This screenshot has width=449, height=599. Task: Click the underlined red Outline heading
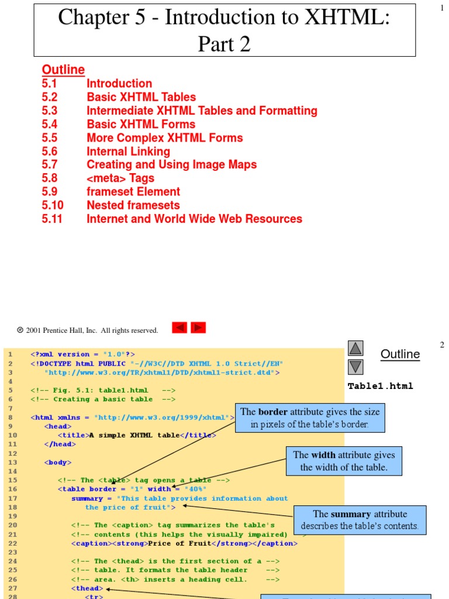pos(63,70)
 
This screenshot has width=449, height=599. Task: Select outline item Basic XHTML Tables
pos(141,97)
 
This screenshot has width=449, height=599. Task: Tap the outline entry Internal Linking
pos(128,152)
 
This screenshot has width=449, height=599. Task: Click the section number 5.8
pos(50,178)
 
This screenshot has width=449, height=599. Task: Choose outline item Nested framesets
pos(133,205)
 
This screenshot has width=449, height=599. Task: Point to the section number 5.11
pos(52,219)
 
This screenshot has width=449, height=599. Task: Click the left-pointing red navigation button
pos(179,328)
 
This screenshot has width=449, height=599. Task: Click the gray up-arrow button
pos(355,349)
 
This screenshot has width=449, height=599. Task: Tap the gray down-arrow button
pos(355,367)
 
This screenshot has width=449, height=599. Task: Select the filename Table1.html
pos(380,386)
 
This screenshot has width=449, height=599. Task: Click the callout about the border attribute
pos(310,418)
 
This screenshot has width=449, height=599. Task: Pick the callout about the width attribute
pos(344,461)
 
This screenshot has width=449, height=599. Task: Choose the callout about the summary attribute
pos(360,520)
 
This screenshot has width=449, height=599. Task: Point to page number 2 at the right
pos(442,345)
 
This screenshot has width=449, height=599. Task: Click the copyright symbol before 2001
pos(20,331)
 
